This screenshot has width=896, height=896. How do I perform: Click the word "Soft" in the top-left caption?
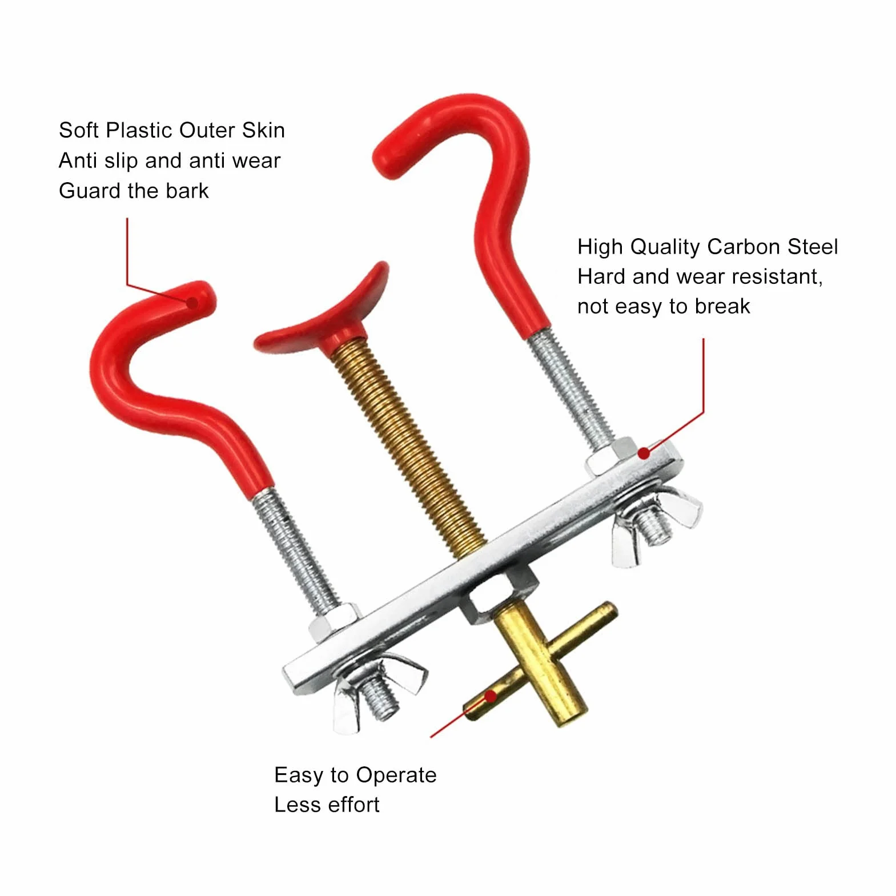(x=79, y=130)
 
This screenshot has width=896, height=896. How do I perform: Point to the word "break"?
(x=722, y=307)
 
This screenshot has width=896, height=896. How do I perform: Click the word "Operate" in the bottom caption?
(x=396, y=776)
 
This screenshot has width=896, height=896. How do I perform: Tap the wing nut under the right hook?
(x=657, y=521)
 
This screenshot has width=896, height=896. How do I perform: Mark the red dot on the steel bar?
(x=644, y=453)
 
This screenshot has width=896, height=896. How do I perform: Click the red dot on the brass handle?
(x=490, y=696)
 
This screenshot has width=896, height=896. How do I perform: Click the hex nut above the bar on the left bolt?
(x=335, y=622)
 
